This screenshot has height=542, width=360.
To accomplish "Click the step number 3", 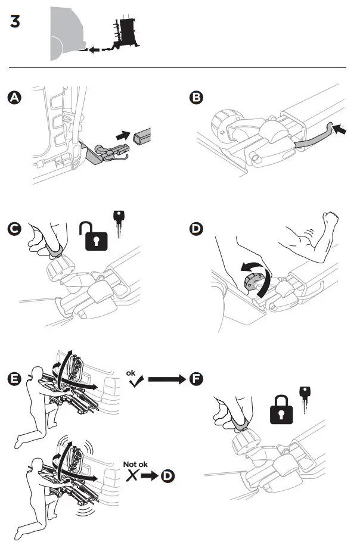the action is pos(15,21).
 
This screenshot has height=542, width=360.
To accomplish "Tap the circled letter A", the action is pos(14,98).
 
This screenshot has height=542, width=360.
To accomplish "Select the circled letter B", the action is pos(196,98).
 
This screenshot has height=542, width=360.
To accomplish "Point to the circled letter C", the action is pos(14,229).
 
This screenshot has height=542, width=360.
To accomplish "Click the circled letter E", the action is pos(14,379).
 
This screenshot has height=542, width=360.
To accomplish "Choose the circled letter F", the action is pos(196,379).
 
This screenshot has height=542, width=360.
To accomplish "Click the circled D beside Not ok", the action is pos(167,476).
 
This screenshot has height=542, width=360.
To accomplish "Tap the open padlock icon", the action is pos(94,236).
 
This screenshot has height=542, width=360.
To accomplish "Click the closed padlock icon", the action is pos(281,410).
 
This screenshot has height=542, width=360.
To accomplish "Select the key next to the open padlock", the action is pos(119,224).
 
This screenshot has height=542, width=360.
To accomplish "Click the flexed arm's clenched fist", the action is pos(330,219).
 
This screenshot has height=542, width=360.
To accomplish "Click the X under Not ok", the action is pos(132,476).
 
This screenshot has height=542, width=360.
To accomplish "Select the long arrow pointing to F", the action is pos(167,379).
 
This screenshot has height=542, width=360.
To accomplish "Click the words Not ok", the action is pos(135,464).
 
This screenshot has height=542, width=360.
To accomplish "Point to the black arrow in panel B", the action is pos(340,130).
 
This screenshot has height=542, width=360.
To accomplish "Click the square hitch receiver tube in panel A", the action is pos(142,136).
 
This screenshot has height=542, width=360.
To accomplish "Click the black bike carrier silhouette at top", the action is pos(125,33).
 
